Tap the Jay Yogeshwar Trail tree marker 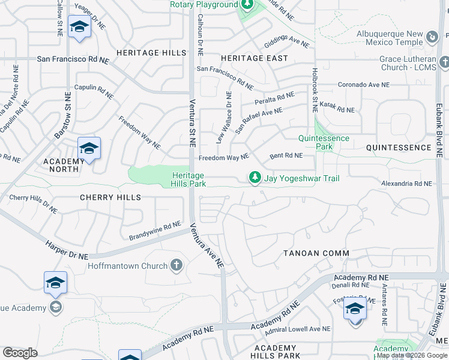(255, 178)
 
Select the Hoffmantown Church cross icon (176, 265)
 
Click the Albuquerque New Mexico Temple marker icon (432, 38)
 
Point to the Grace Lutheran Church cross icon (444, 62)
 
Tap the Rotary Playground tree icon (246, 5)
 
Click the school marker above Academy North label (89, 148)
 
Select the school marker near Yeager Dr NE (79, 27)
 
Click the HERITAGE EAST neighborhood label (254, 58)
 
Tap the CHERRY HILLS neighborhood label (110, 197)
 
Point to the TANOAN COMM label (316, 253)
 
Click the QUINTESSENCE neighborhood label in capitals (399, 148)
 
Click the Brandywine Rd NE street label (151, 229)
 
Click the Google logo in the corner (20, 353)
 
